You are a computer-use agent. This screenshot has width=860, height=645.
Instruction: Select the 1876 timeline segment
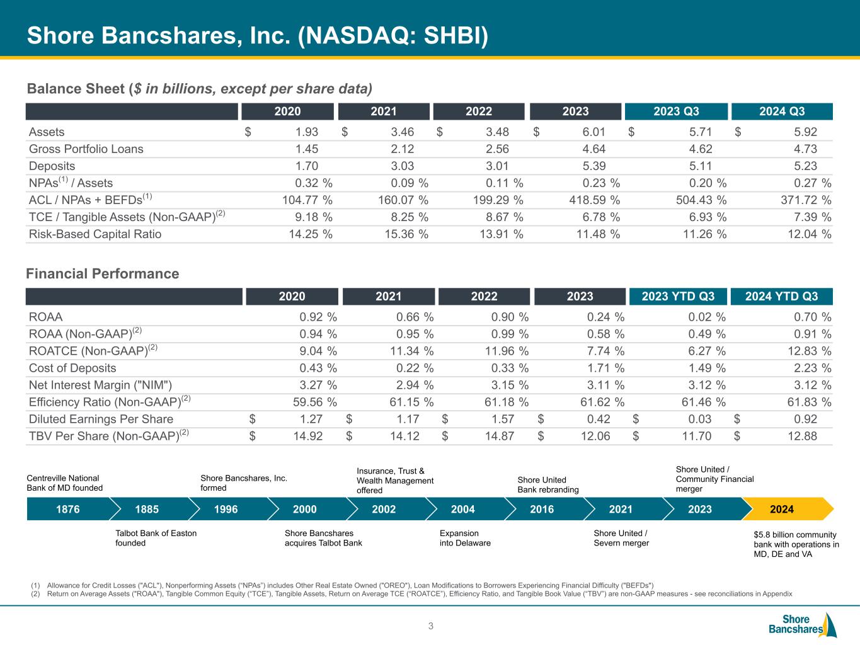tap(68, 509)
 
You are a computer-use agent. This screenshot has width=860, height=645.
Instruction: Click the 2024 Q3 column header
tap(782, 111)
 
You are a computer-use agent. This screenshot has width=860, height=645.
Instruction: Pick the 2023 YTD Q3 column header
tap(678, 296)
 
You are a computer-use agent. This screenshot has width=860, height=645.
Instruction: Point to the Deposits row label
tap(52, 166)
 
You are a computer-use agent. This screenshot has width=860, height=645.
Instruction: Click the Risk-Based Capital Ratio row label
tap(95, 234)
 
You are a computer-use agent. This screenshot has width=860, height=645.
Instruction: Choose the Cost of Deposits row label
tap(72, 368)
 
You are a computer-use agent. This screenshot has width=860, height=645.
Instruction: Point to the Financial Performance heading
tap(103, 273)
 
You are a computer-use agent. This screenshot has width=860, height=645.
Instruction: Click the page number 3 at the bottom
tap(431, 626)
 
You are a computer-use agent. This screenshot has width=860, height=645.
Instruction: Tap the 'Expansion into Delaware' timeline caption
tap(465, 538)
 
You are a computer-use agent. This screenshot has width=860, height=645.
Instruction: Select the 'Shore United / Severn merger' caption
tap(621, 538)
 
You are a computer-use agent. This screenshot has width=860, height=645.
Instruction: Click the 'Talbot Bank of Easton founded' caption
tap(156, 538)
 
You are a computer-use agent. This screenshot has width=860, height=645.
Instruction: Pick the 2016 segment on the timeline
tap(542, 509)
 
